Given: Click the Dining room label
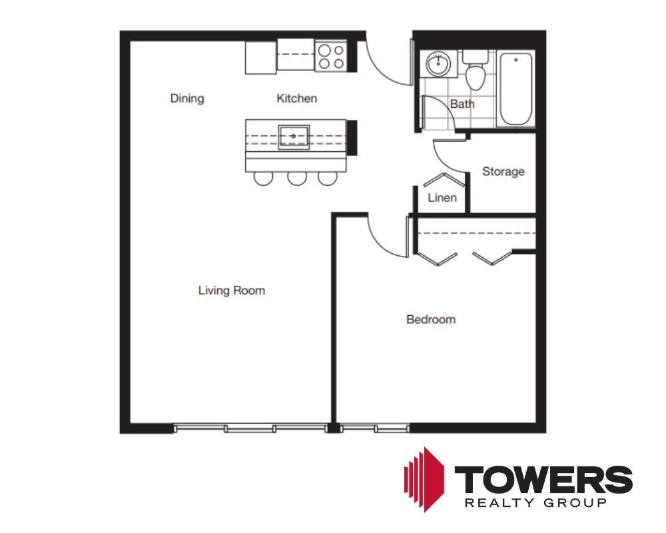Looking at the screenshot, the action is [x=187, y=99].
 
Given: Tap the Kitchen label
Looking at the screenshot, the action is [x=296, y=98].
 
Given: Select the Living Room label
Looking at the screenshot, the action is [x=232, y=290].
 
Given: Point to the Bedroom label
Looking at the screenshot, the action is [x=431, y=319].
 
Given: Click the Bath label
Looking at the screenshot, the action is [x=462, y=104].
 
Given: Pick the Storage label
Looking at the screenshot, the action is [x=503, y=171].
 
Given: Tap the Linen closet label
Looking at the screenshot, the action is [x=442, y=198].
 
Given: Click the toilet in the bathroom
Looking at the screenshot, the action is [x=476, y=70].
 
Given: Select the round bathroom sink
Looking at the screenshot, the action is [x=438, y=64].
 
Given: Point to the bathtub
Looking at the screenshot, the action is [x=515, y=89].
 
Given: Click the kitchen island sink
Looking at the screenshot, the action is [x=294, y=137].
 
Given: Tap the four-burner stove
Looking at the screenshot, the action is [x=331, y=57].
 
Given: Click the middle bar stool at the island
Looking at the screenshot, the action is [x=297, y=179].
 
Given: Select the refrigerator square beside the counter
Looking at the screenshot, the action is [x=261, y=58].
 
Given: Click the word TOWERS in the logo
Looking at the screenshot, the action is [x=543, y=480].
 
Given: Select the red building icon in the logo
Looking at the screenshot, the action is [x=424, y=480].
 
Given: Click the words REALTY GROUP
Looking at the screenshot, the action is [x=535, y=503].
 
